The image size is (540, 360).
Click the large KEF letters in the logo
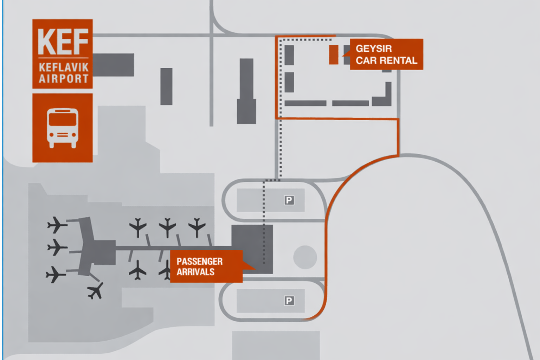(x=63, y=41)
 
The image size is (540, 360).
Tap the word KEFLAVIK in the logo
(x=63, y=67)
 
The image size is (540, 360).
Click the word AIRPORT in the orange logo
(x=63, y=78)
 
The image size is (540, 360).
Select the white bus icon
(x=63, y=128)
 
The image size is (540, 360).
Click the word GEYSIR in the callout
(x=373, y=49)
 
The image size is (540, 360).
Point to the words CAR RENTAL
(x=386, y=60)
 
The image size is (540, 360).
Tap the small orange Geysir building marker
(x=333, y=54)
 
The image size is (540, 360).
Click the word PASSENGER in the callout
(x=199, y=261)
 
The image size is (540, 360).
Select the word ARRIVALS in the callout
(x=195, y=272)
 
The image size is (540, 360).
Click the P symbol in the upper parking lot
(x=289, y=200)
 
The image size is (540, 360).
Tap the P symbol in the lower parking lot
(x=289, y=301)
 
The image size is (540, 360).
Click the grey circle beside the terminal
(x=305, y=257)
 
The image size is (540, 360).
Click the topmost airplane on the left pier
(x=56, y=225)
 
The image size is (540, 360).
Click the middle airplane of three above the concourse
(x=167, y=227)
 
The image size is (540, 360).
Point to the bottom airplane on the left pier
(x=55, y=274)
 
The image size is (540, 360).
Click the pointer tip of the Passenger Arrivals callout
(x=255, y=269)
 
